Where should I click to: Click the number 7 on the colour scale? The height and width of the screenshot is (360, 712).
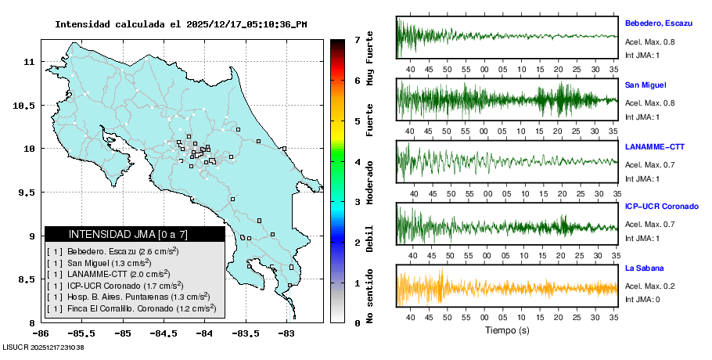(x=357, y=39)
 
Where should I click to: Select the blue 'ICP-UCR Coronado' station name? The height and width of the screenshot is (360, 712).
(x=661, y=207)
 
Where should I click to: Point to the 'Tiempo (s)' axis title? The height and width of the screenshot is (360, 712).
(x=507, y=330)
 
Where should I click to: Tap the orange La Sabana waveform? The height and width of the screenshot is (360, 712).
(x=507, y=287)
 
